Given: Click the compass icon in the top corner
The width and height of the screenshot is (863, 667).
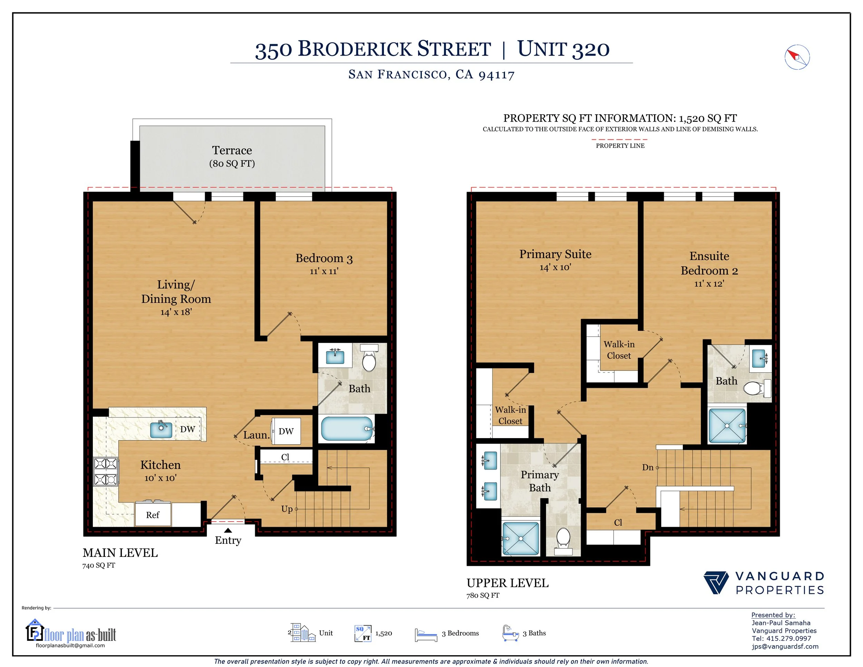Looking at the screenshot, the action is [x=797, y=57].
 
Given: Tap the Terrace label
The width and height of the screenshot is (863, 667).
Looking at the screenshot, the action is [x=232, y=150].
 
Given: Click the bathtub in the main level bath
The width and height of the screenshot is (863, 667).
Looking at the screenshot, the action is [x=347, y=429].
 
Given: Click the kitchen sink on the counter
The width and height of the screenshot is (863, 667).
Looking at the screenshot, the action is [x=161, y=429].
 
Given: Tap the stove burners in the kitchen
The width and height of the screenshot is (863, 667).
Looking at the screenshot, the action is [x=106, y=471].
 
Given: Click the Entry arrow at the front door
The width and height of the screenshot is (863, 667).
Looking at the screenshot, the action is [x=228, y=530].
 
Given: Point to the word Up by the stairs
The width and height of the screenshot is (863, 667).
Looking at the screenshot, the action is [x=287, y=509].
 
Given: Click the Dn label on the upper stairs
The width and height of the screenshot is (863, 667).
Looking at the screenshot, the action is [x=648, y=467].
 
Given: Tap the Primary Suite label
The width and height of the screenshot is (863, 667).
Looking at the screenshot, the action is [x=555, y=254].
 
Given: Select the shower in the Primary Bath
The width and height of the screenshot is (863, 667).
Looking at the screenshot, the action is [x=521, y=539].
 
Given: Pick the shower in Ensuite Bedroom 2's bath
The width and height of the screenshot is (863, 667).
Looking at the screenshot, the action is [x=727, y=426].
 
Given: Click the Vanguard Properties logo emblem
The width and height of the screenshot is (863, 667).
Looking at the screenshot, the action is [x=716, y=582].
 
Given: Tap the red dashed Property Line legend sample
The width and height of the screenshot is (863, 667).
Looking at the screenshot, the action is [x=620, y=139].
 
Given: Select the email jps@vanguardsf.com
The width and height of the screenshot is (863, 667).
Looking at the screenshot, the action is [x=785, y=646].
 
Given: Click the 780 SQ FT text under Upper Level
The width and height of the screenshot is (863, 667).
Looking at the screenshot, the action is [x=483, y=595].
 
